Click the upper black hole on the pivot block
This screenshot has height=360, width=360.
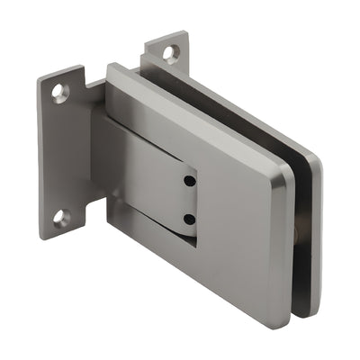188,182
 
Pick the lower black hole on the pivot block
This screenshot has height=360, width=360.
188,219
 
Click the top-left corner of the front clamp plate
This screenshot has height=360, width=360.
110,67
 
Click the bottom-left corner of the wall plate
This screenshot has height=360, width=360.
42,236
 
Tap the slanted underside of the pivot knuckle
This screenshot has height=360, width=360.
162,229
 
